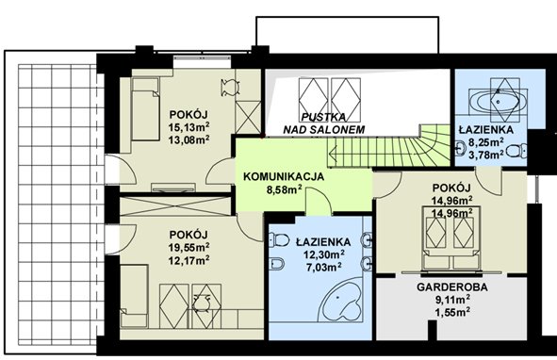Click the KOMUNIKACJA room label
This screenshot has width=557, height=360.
(284, 176)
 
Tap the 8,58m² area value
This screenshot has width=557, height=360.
(285, 190)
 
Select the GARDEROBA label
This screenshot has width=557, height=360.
(451, 286)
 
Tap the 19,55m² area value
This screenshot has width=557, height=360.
(189, 247)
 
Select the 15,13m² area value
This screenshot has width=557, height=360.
(189, 127)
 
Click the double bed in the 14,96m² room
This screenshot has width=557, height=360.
(451, 237)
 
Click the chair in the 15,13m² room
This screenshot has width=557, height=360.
(230, 88)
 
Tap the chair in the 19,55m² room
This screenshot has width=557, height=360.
(202, 303)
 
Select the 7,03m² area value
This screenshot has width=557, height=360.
(324, 267)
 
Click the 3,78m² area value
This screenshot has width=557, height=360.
(486, 155)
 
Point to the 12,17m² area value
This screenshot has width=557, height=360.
(189, 260)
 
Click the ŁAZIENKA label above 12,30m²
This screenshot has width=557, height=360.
(323, 241)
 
